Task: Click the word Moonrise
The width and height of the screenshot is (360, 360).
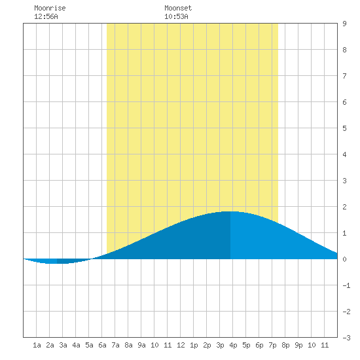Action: coord(50,8)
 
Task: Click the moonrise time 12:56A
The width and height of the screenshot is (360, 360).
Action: coord(46,16)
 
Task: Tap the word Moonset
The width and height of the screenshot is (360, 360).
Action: coord(178,8)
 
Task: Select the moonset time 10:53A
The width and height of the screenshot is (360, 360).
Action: coord(176,16)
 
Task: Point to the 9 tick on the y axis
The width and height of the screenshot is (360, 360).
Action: coord(344,24)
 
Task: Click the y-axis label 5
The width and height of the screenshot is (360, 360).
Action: coord(344,128)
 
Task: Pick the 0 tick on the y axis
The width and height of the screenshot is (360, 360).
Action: coord(344,259)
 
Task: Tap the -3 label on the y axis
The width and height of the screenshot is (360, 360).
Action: coord(346,338)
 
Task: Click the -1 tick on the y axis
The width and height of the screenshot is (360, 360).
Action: coord(346,285)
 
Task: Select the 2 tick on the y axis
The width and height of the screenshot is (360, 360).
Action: coord(344,207)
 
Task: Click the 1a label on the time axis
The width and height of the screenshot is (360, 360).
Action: coord(37,345)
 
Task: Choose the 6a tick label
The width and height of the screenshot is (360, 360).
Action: coord(102,345)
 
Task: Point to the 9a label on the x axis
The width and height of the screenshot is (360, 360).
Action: coord(141,345)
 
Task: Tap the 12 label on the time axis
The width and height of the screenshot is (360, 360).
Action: coord(181,345)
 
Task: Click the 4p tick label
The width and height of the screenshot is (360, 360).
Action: coord(233,345)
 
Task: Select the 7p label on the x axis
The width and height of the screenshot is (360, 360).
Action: coord(272,345)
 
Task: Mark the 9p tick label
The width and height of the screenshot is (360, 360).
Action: coord(298,345)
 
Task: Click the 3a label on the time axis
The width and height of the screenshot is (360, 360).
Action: coord(63,345)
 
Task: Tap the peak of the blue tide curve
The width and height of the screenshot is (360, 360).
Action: coord(230,211)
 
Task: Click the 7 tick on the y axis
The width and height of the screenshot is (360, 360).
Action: coord(344,76)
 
